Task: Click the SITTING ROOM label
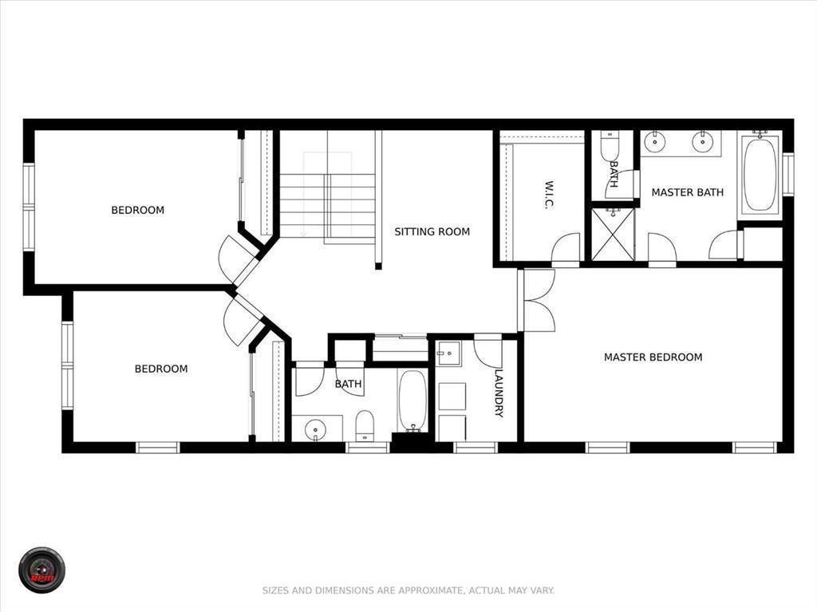coord(432,231)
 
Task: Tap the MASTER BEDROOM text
coord(653,357)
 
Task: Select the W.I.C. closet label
coord(550,195)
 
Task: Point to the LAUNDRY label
coord(499,393)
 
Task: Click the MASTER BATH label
coord(687,192)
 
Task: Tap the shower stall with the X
coord(613,234)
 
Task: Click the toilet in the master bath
coord(610,148)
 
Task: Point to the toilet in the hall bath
coord(365,424)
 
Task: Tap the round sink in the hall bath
coord(317,430)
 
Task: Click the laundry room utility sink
coord(448,353)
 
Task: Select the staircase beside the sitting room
coord(327,195)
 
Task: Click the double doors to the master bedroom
coord(536,300)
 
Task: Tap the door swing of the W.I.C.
coord(566,249)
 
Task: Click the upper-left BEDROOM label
coord(137,210)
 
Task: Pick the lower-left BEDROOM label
coord(161,369)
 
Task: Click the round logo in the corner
coord(41,570)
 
